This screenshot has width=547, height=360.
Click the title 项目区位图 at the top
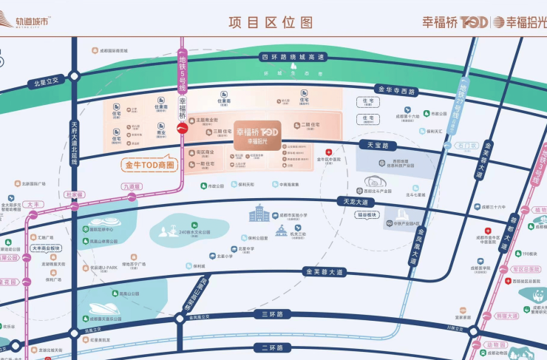[x=271, y=22]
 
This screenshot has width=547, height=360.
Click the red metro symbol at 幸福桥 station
[x=182, y=129]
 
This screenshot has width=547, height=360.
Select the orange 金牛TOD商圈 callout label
[x=148, y=165]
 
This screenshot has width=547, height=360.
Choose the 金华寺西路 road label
[x=396, y=90]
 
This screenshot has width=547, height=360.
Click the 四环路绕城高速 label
[x=293, y=57]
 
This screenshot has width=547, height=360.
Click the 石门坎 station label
[x=467, y=146]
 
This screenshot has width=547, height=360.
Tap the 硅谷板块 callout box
[x=367, y=214]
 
